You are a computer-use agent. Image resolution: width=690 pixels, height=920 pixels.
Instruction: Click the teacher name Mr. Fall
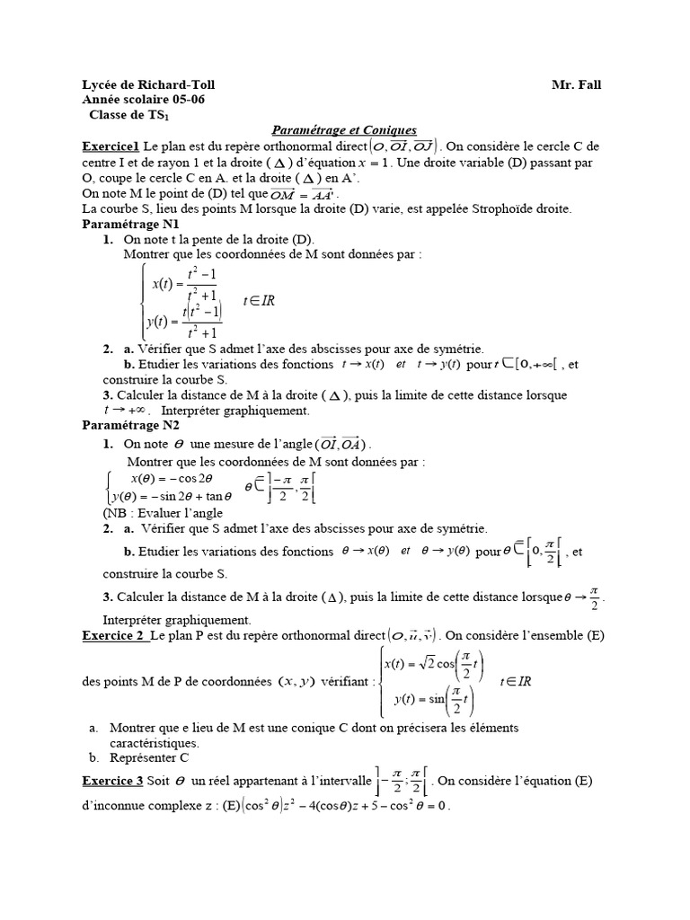click(x=576, y=85)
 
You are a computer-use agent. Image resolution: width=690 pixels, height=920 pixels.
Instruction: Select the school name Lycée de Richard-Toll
click(x=148, y=85)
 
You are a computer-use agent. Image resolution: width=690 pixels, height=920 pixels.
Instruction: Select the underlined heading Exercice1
click(x=111, y=146)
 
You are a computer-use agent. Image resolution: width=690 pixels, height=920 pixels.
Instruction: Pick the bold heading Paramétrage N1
click(x=130, y=224)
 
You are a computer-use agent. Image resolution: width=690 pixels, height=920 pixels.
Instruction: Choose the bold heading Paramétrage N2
click(x=130, y=426)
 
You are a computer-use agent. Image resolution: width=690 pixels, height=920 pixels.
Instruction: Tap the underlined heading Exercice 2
click(x=113, y=636)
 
